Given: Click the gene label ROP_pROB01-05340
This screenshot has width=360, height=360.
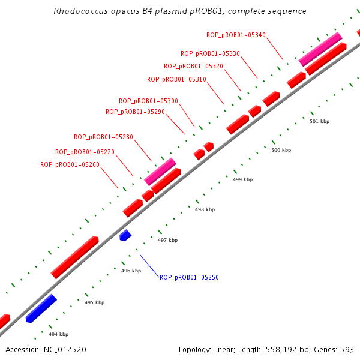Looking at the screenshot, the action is point(236,35).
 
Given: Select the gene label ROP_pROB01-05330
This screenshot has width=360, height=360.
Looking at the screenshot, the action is point(210,53).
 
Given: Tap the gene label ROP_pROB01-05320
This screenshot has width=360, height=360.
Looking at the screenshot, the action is point(193,66).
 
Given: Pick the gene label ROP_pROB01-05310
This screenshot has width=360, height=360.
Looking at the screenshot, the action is point(176,79).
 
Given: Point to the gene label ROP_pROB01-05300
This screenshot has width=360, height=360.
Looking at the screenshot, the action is point(148,101).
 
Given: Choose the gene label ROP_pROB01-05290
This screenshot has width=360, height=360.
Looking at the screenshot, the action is point(135,112).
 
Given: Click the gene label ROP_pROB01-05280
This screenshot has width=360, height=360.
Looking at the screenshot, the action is point(103,137).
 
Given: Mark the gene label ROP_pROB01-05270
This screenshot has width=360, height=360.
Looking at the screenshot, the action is point(85,152).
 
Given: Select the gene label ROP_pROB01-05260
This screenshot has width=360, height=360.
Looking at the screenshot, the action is point(70,164).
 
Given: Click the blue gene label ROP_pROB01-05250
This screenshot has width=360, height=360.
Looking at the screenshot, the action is point(189,277).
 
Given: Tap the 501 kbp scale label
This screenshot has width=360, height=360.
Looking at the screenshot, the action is point(319,122).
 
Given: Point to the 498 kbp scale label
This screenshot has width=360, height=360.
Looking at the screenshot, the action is point(205,210).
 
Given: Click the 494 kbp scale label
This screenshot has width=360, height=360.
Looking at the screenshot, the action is point(58,334).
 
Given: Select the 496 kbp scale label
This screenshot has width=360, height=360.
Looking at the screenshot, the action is point(131,271).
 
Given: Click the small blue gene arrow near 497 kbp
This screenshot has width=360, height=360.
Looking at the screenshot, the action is point(125,235).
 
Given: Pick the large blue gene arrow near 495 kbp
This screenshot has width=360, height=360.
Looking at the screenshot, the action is point(41,308).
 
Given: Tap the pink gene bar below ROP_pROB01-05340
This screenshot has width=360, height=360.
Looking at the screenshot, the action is point(320,49).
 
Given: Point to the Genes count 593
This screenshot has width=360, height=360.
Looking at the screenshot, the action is point(347,349).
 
